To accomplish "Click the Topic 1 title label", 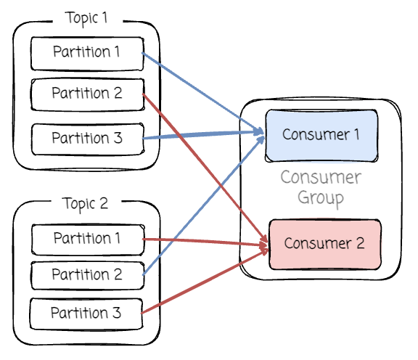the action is [86, 18].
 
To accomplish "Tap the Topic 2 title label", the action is [85, 204].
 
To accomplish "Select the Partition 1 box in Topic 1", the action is [87, 54].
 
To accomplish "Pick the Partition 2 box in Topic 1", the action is [88, 94].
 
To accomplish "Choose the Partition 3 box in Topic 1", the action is [88, 139].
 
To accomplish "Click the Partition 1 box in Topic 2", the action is [88, 240].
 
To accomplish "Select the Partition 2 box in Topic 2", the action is [88, 276].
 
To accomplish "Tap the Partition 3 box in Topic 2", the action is [86, 314].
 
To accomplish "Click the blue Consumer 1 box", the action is [321, 136].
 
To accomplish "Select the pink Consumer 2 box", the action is [325, 245].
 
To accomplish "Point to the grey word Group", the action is [321, 198].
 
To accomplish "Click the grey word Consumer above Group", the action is [321, 177].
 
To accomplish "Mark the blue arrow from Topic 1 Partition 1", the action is [202, 92].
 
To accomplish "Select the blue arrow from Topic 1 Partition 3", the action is [202, 135].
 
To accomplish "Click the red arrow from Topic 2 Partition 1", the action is [205, 242].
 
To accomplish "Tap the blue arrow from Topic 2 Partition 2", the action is [204, 205].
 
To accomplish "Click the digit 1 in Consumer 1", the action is [356, 134].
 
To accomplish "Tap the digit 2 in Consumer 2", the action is [360, 243].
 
